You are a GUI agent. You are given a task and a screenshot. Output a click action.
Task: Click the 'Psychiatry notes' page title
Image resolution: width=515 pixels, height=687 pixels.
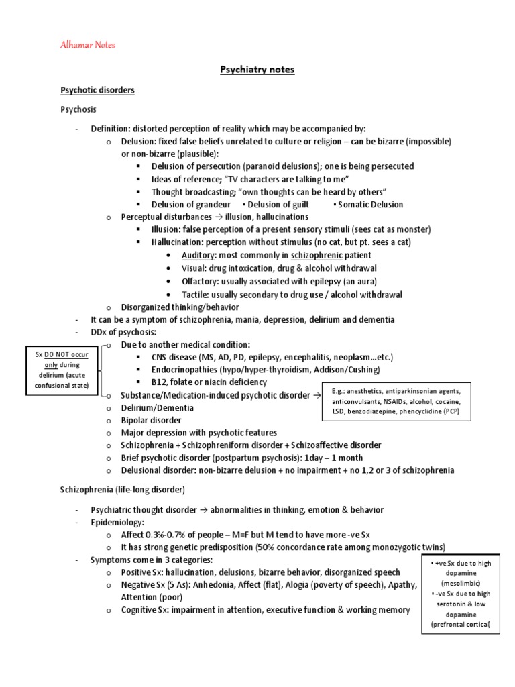257,69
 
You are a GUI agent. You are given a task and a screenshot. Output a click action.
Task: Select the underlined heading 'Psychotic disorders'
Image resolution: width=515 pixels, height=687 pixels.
98,90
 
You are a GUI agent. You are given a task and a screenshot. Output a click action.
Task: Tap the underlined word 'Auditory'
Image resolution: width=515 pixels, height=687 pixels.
196,256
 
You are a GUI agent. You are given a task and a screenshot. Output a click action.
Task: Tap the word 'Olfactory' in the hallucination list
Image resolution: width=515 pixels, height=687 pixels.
201,281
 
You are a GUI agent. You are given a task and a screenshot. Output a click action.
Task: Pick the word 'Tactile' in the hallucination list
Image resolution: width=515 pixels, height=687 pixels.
196,294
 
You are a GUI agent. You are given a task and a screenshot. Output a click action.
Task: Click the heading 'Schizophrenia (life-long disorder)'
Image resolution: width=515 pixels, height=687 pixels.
122,489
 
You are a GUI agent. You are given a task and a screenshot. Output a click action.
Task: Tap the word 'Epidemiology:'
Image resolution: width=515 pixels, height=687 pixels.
117,522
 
